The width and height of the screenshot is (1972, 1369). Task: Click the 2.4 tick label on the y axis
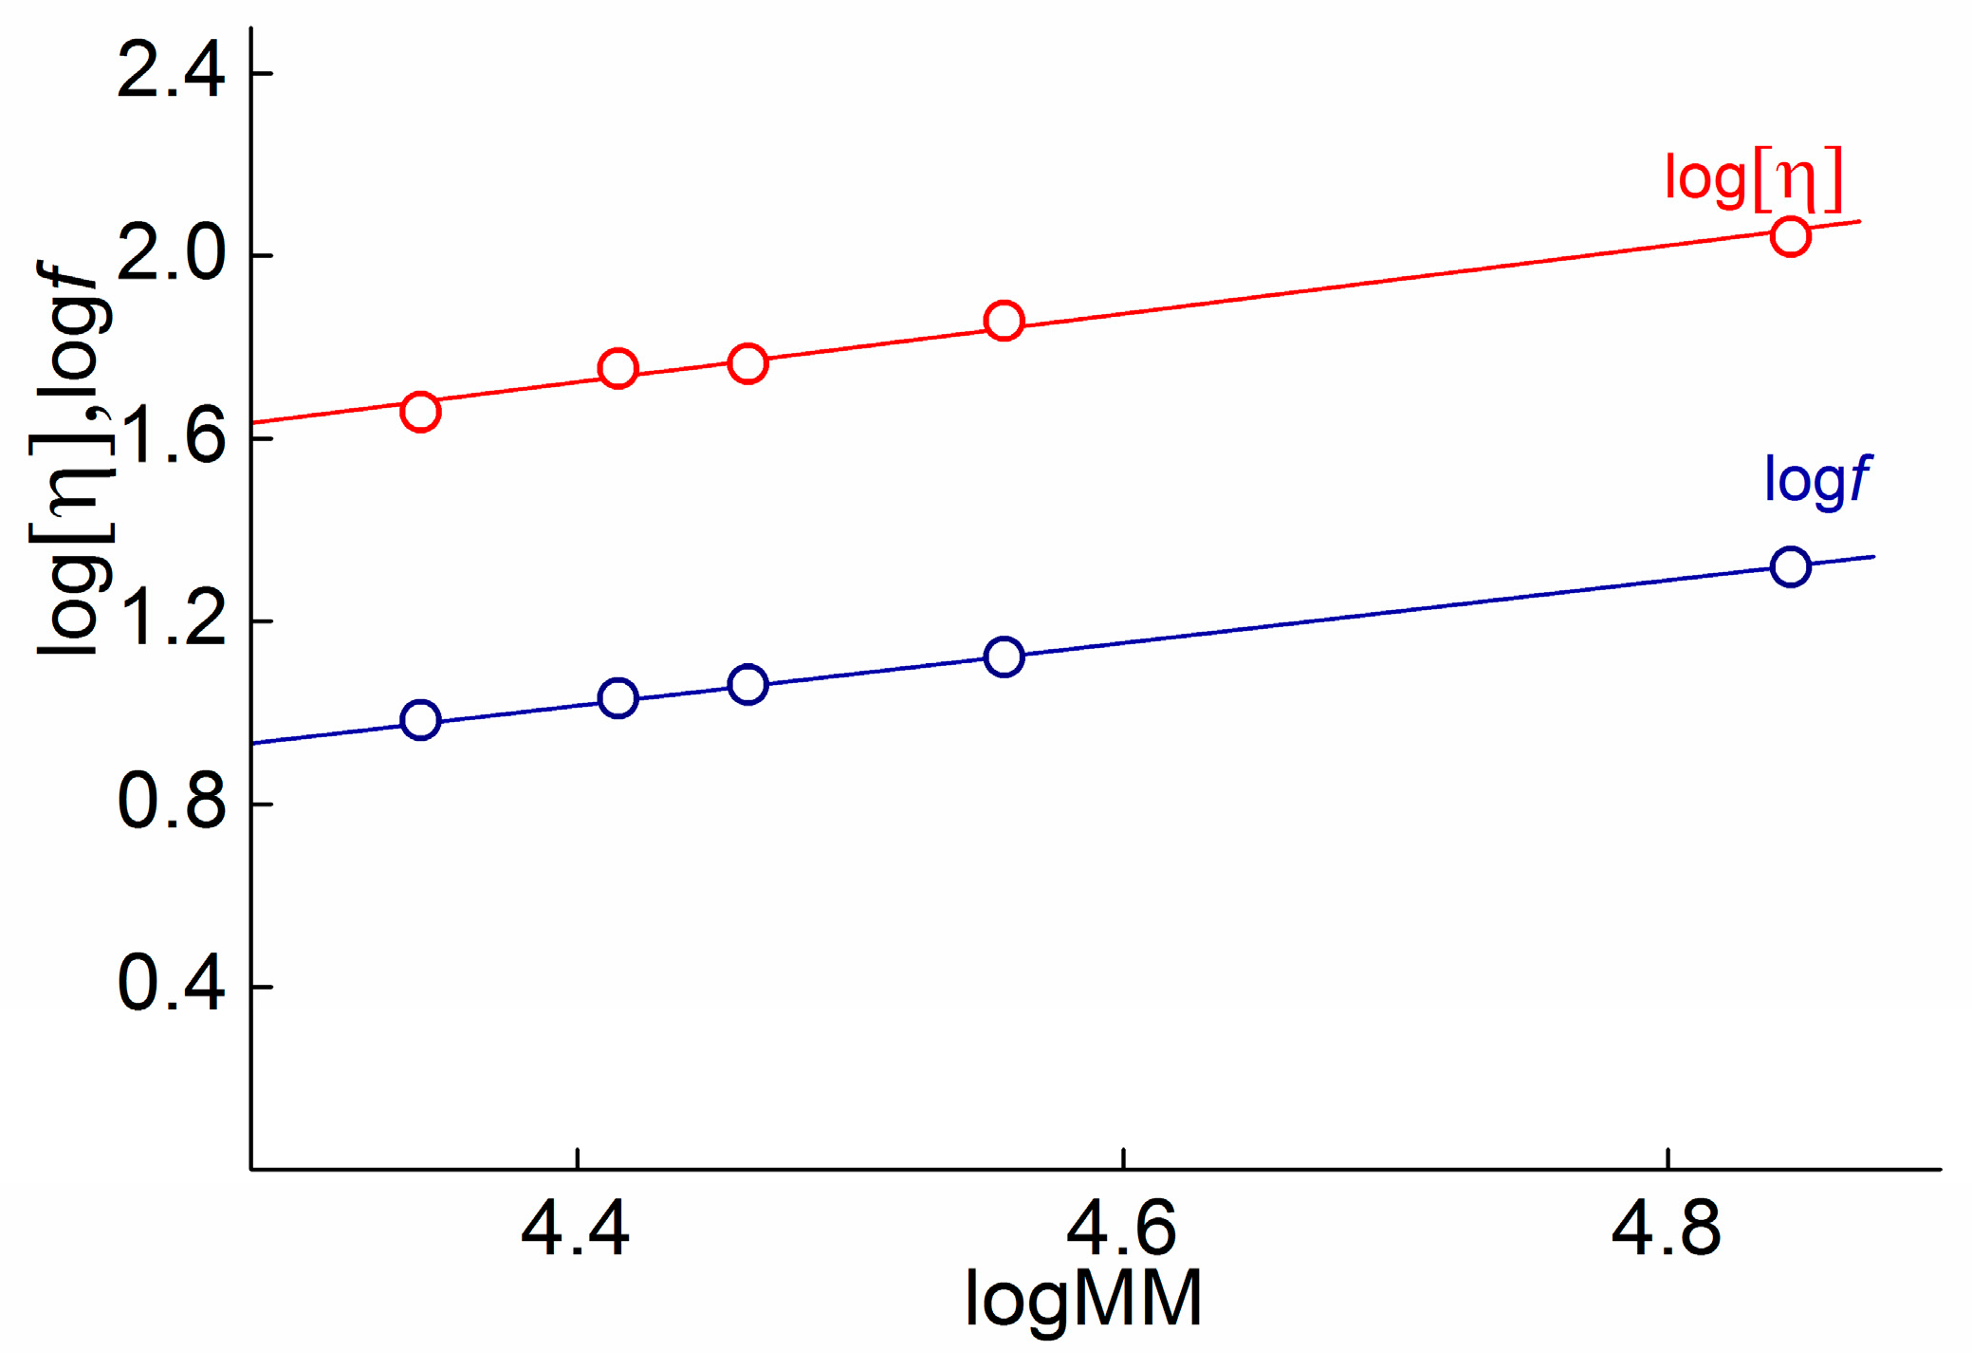click(171, 73)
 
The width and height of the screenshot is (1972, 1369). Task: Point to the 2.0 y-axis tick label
click(171, 255)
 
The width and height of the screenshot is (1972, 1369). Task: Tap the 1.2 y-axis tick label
click(171, 621)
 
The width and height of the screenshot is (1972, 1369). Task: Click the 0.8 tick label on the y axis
click(171, 804)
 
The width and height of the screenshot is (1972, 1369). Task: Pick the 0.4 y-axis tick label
click(171, 987)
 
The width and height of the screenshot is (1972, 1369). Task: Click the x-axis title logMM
click(1083, 1299)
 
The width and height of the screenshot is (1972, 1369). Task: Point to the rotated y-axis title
click(72, 455)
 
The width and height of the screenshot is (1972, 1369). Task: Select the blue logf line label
click(1815, 481)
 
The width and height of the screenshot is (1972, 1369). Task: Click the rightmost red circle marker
click(1790, 236)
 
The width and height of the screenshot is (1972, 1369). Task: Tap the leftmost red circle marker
click(420, 412)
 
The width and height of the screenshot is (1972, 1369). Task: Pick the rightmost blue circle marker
click(1790, 567)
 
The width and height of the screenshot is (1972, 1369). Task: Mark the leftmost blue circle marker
click(420, 720)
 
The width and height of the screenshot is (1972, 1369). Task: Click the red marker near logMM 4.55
click(1004, 321)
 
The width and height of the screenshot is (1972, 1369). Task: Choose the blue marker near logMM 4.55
click(1004, 657)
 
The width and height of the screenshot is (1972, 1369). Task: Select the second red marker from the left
click(617, 368)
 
